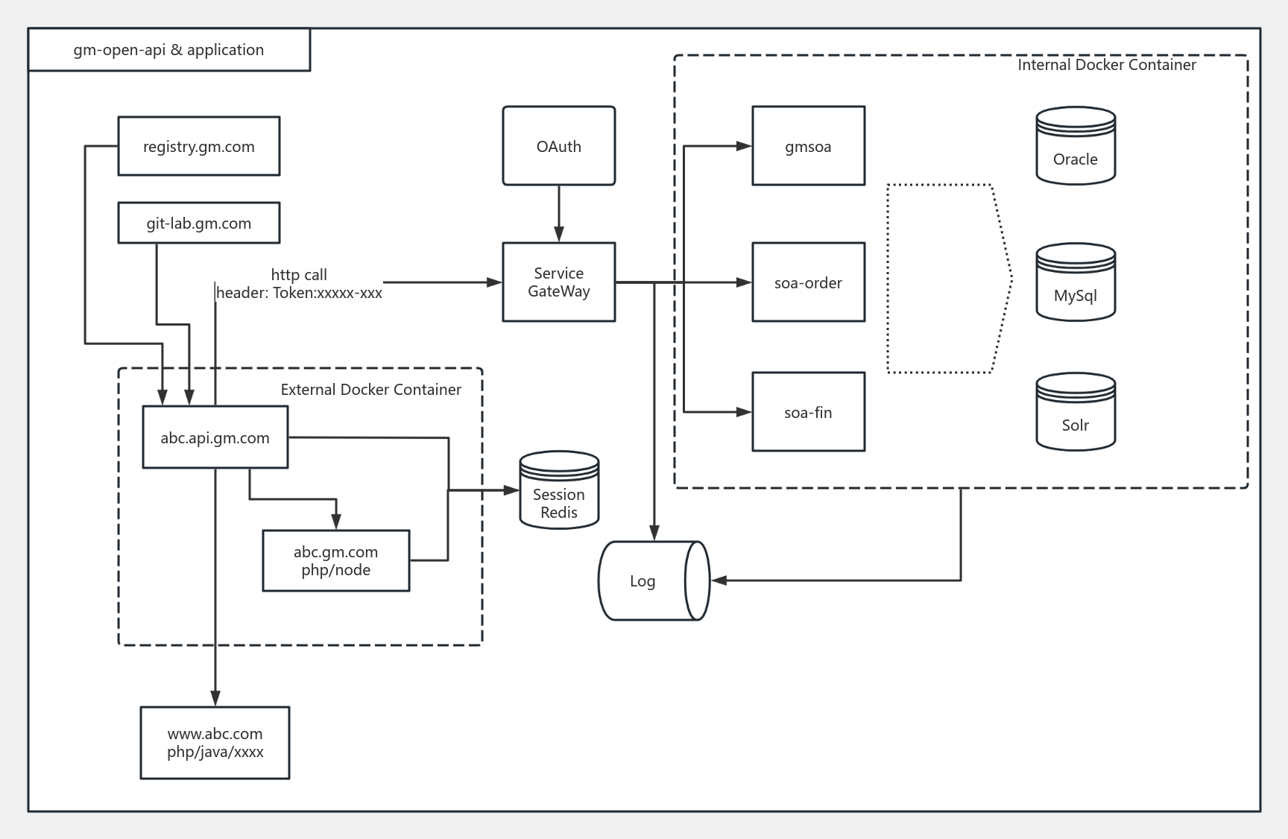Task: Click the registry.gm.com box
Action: [199, 146]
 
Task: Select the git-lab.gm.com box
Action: [199, 223]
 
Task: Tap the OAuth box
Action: [558, 146]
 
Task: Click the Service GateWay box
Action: [558, 282]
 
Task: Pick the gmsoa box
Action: [808, 146]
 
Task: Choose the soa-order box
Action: [808, 282]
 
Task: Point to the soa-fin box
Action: [808, 412]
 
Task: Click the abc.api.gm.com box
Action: [215, 437]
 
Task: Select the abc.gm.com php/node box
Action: [335, 561]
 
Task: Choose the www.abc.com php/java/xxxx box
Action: [215, 743]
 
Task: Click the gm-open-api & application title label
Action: [168, 50]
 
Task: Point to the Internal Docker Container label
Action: [1106, 65]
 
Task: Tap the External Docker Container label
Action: [370, 390]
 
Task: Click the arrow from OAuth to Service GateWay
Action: [558, 213]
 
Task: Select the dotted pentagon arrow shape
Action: [947, 279]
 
